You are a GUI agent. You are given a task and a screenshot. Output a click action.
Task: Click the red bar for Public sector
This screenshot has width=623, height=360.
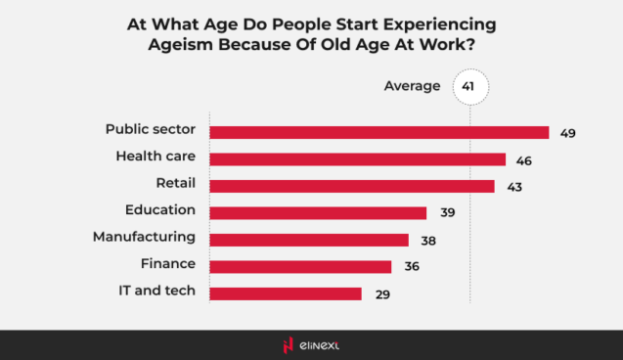click(378, 133)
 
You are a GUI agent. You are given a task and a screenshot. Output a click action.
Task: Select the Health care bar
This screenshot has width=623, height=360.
click(357, 159)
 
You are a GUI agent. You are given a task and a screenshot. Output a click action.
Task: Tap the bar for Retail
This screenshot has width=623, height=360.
click(352, 186)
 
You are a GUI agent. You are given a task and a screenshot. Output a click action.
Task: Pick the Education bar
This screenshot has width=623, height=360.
click(318, 212)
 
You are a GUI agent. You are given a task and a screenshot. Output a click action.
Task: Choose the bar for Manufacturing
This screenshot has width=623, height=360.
click(309, 240)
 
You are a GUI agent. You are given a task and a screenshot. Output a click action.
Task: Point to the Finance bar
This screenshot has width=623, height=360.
click(300, 266)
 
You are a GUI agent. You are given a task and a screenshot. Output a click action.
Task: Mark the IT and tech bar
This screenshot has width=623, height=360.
click(286, 293)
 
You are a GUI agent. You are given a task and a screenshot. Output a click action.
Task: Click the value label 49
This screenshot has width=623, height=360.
click(567, 133)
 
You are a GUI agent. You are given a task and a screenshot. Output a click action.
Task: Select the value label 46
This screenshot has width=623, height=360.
click(524, 159)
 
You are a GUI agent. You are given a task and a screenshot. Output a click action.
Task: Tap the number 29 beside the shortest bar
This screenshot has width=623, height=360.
click(381, 293)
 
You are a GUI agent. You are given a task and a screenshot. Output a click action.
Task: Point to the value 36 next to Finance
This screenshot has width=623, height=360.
click(411, 266)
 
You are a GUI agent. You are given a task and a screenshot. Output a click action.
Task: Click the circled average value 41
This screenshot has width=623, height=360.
click(468, 87)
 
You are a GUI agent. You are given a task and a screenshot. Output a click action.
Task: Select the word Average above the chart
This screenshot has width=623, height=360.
click(412, 87)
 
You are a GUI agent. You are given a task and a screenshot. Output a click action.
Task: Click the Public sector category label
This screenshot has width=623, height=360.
click(151, 129)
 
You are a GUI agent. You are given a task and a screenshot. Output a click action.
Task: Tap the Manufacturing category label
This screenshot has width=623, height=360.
click(144, 237)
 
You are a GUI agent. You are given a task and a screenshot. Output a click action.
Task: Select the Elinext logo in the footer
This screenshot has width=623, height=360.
click(311, 344)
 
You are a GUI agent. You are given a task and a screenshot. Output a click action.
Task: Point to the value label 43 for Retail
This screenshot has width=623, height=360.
click(513, 186)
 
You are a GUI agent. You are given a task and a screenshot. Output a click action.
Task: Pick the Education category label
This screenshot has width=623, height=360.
click(160, 209)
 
